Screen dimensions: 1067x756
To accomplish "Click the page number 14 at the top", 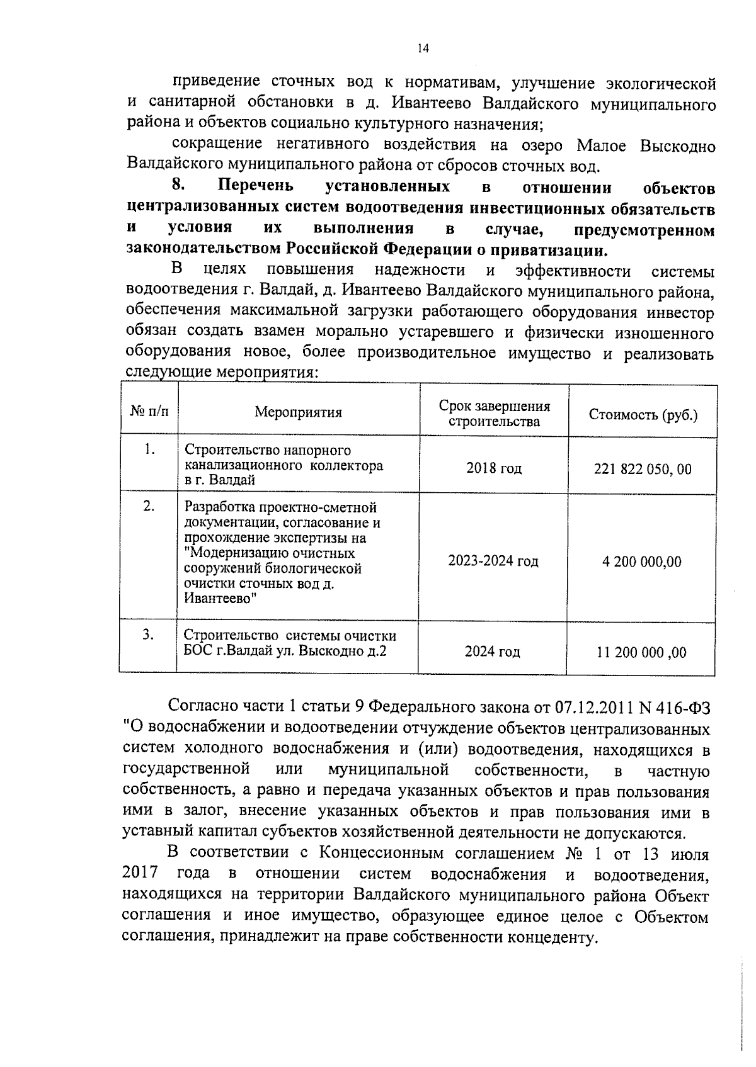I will pos(423,48).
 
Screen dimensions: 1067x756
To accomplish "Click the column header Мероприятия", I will pos(298,412).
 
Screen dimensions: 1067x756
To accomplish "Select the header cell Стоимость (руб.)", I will pos(643,415).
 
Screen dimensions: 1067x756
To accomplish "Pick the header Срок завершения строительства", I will pos(494,414).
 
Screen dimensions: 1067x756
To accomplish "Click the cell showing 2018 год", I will pos(494,468).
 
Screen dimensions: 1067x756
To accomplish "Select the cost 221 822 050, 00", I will pos(643,469).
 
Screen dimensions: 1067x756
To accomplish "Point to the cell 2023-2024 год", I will pos(493,561).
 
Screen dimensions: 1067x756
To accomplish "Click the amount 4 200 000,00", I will pos(641,562).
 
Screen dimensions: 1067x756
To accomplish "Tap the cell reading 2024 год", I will pos(492,652).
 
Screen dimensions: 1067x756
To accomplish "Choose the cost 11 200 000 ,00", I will pos(641,652).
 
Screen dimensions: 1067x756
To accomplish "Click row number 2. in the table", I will pos(149,506).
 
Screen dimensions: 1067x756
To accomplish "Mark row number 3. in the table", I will pos(148,635).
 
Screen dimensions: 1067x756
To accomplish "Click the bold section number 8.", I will pos(178,186).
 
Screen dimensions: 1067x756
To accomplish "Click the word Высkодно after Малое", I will pos(677,147).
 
